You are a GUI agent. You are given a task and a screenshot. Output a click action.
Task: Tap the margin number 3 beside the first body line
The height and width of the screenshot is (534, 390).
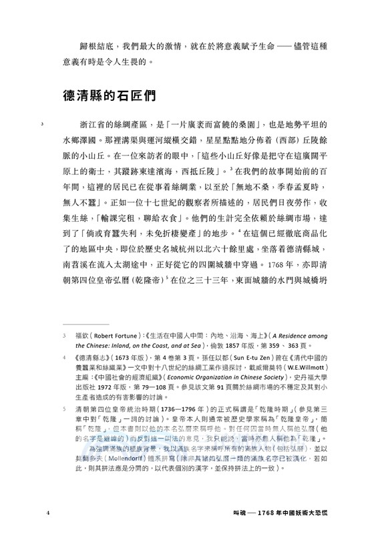point(42,125)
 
